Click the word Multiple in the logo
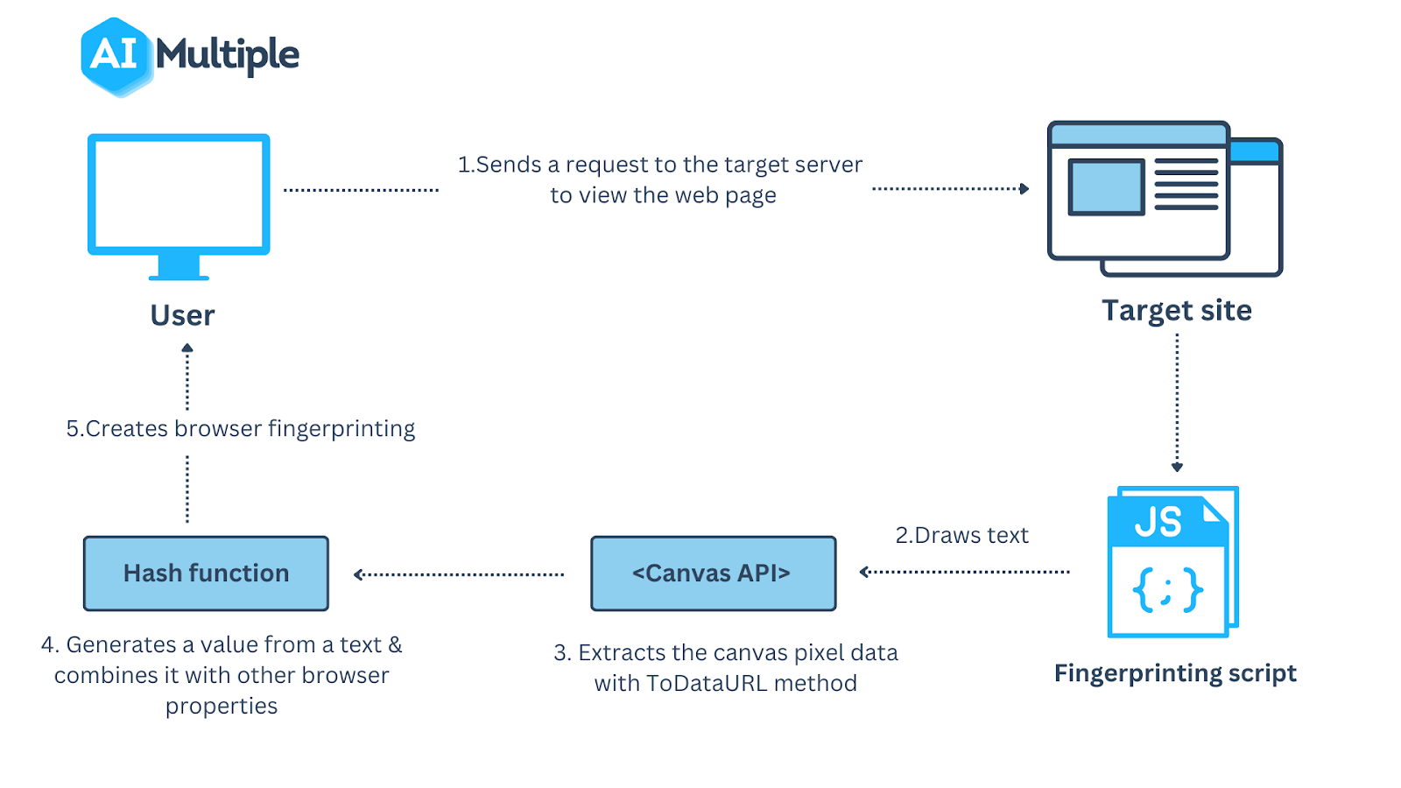228,56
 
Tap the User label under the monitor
182,315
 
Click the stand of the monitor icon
179,266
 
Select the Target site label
1176,311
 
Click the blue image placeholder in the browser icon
1106,186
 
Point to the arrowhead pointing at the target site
1024,188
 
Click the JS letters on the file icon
1158,523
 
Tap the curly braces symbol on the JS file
1167,589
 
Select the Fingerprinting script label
1175,673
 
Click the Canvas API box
713,573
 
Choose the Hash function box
206,573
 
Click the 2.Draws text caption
961,535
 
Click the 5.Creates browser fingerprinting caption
241,429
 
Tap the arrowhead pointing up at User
187,348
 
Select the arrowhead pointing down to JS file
1177,467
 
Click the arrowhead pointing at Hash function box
358,574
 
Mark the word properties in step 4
222,707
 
